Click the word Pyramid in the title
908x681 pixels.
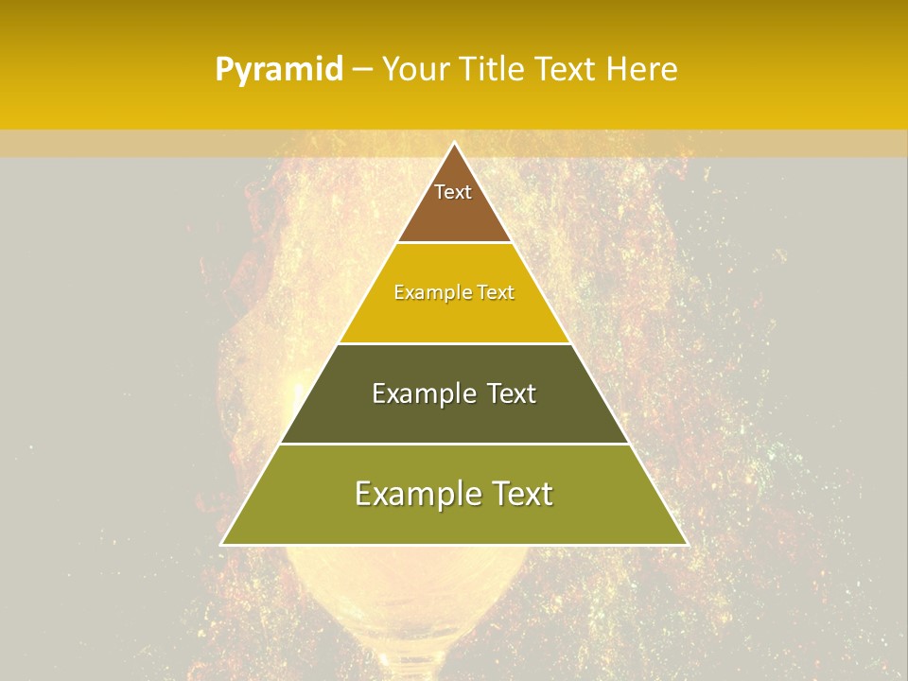tap(278, 70)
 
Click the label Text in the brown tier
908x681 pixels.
tap(453, 192)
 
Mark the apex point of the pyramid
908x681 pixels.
tap(454, 143)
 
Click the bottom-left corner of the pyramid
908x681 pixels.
tap(222, 544)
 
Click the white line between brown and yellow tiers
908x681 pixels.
tap(454, 243)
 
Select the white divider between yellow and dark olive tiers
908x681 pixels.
tap(454, 343)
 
